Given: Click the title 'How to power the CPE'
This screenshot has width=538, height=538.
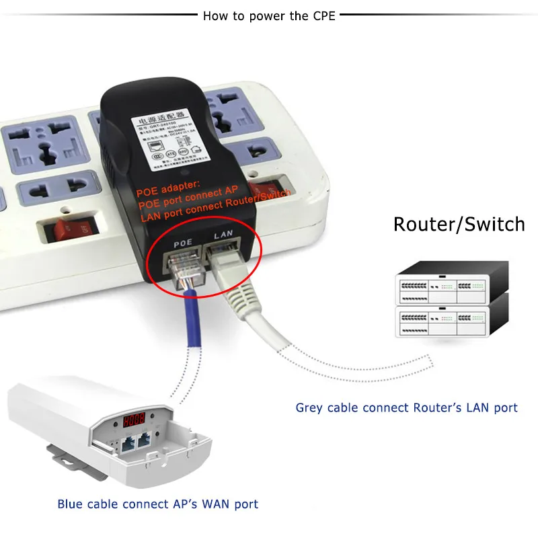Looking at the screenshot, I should pyautogui.click(x=269, y=15).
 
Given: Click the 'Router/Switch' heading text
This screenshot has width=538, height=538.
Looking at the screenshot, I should pyautogui.click(x=459, y=223).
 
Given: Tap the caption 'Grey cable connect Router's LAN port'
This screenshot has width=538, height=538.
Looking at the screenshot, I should pyautogui.click(x=406, y=408).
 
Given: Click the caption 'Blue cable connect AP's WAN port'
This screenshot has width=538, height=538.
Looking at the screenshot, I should pyautogui.click(x=157, y=504).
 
